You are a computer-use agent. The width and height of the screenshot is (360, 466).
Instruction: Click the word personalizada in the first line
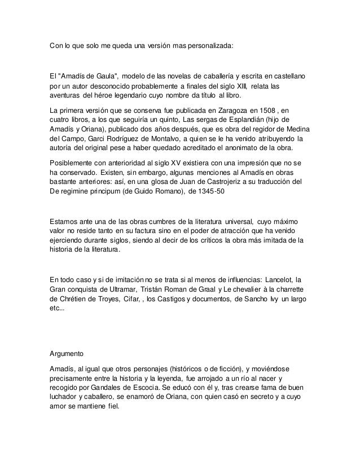click(206, 44)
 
